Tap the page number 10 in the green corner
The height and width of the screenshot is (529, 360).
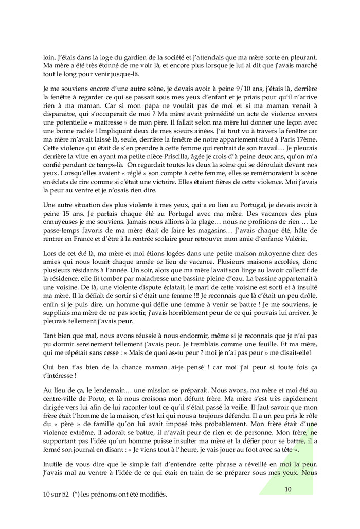click(288, 489)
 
